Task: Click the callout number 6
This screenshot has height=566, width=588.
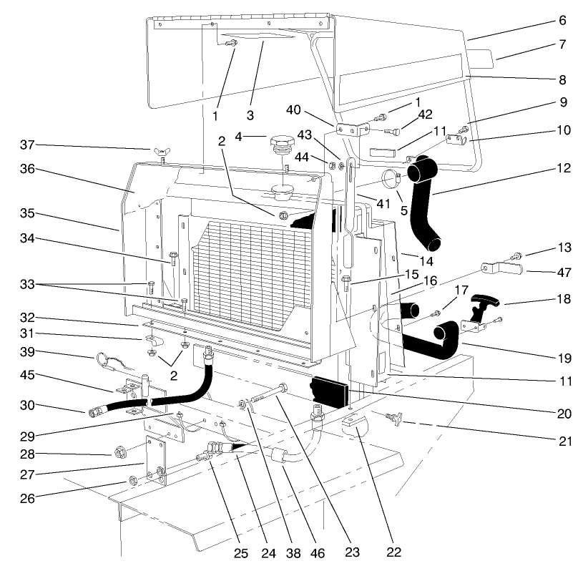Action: pos(562,21)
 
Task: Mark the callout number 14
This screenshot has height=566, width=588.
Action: pos(408,261)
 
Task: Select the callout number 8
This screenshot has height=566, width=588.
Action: pos(562,80)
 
